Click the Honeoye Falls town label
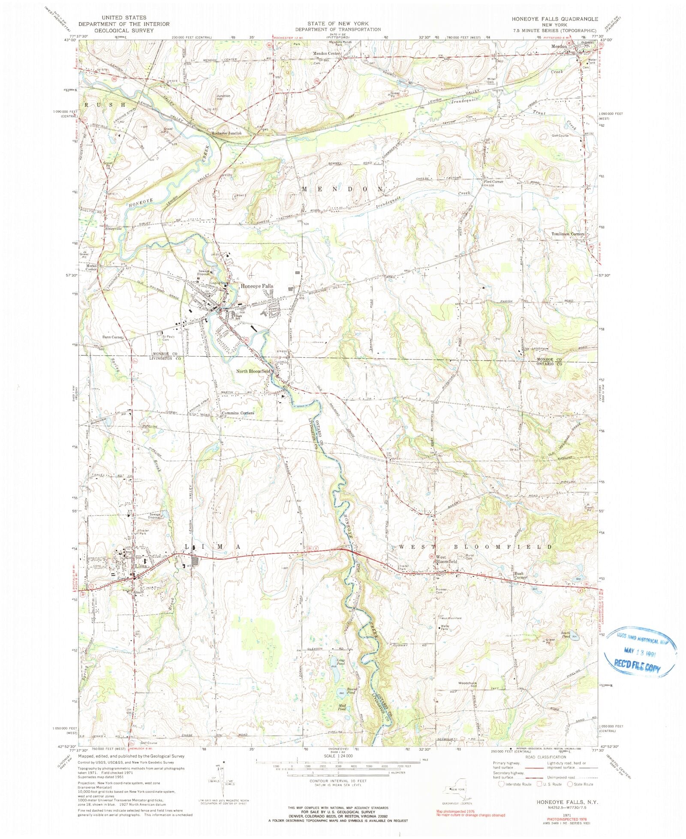tap(256, 286)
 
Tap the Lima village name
tap(141, 566)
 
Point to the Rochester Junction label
tap(227, 133)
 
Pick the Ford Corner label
tap(493, 182)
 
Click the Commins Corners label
tap(237, 413)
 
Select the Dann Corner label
tap(113, 337)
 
